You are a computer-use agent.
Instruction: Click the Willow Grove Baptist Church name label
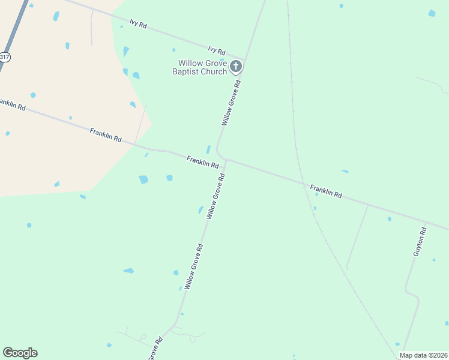202,67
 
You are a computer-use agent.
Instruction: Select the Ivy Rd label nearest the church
216,50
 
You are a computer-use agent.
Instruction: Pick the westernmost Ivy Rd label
137,24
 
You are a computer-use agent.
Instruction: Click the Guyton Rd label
420,242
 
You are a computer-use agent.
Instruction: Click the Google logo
20,353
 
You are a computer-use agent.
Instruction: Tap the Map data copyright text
423,355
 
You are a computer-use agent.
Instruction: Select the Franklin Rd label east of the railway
326,191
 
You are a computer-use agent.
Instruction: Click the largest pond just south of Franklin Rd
143,179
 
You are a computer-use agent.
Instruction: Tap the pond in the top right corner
432,13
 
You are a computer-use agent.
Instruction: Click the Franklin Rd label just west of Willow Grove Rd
202,161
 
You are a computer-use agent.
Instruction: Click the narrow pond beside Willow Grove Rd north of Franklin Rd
208,149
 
